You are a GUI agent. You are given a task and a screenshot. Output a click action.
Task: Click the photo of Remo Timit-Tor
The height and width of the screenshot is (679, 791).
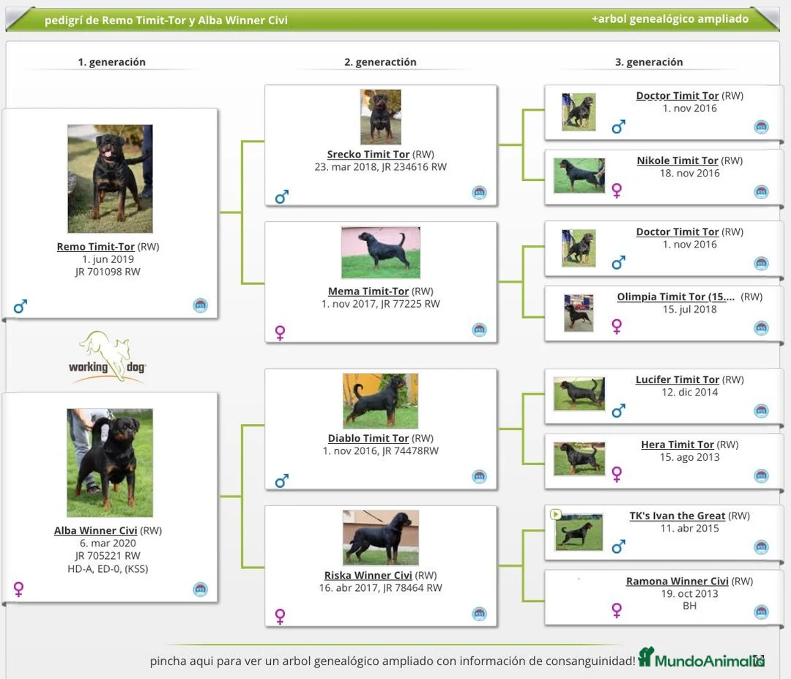110,179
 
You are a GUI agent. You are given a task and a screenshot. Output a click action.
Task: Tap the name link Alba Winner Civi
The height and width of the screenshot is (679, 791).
96,530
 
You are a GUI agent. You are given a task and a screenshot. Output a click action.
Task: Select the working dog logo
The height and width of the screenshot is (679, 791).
108,357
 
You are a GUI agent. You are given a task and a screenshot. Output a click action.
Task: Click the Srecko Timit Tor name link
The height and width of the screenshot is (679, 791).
368,155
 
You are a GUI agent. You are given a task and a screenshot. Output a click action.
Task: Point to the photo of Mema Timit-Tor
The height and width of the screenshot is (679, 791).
380,253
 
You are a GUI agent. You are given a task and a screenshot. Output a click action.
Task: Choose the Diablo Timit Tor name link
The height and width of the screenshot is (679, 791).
368,438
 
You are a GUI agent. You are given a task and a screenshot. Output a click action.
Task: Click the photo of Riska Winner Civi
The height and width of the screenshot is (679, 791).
381,537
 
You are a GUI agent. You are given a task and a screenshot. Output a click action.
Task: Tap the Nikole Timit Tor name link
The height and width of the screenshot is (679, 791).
677,160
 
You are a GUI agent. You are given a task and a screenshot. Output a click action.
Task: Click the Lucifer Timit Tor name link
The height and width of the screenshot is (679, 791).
677,379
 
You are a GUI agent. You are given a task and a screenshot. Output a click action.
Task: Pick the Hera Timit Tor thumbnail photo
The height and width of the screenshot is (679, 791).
579,459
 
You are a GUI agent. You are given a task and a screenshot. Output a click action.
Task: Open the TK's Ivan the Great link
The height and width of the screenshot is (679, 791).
677,516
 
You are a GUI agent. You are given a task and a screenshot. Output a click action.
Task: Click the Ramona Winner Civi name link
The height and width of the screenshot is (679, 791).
677,581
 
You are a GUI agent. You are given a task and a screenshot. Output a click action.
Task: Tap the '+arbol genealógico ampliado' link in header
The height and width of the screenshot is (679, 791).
669,19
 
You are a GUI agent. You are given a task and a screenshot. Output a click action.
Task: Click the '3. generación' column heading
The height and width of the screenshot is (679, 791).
649,62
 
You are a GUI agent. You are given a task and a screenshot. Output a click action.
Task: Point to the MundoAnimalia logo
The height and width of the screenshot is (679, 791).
701,658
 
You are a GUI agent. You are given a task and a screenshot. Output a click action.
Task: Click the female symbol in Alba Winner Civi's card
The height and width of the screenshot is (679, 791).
19,589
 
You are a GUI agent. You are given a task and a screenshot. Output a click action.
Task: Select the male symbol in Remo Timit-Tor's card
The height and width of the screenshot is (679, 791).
21,306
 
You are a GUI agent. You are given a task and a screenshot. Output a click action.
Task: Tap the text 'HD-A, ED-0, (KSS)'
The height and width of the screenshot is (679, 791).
108,568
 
